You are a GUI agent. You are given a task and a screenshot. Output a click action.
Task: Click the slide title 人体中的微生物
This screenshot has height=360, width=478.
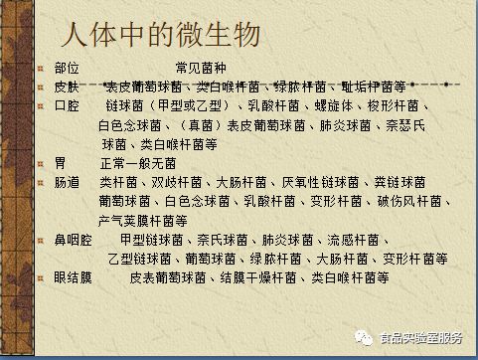click(x=159, y=37)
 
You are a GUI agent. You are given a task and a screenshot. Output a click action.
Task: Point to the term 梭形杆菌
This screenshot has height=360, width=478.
click(x=393, y=105)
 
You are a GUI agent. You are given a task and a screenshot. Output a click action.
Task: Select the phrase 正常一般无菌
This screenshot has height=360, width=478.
click(x=138, y=163)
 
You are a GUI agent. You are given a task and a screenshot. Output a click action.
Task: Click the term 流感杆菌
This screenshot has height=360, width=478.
click(x=354, y=240)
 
